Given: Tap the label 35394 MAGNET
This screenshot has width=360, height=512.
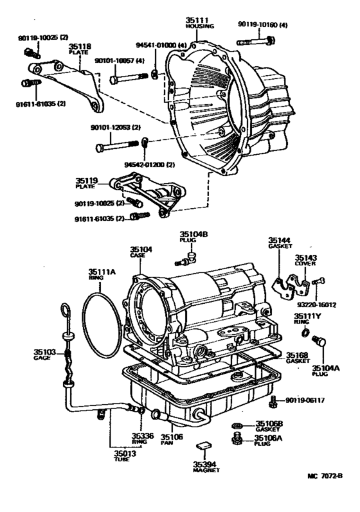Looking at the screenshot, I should tap(205, 466).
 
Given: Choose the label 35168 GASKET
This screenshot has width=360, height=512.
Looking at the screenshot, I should tap(298, 358).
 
